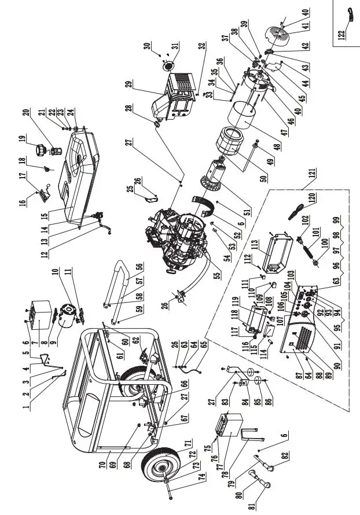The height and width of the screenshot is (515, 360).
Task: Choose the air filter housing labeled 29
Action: pos(174,95)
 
